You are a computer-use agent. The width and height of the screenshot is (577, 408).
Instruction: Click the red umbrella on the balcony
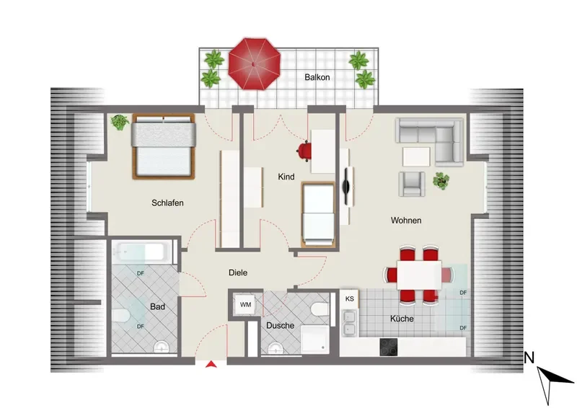pyautogui.click(x=255, y=63)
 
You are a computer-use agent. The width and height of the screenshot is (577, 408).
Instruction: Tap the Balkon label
pyautogui.click(x=317, y=77)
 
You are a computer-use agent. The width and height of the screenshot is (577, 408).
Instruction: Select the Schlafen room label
pyautogui.click(x=167, y=203)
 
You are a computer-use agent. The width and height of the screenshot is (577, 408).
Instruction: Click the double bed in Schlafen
pyautogui.click(x=164, y=146)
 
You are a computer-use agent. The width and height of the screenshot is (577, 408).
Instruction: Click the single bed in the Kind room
pyautogui.click(x=318, y=214)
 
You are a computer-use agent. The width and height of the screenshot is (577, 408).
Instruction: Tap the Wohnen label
pyautogui.click(x=406, y=221)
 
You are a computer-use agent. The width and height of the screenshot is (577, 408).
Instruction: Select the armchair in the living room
pyautogui.click(x=412, y=184)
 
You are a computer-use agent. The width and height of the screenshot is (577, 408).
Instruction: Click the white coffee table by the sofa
pyautogui.click(x=416, y=156)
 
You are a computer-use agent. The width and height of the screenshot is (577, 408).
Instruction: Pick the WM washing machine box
pyautogui.click(x=245, y=305)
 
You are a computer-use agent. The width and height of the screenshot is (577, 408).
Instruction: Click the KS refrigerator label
pyautogui.click(x=350, y=298)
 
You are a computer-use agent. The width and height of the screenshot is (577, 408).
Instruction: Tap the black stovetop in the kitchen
pyautogui.click(x=389, y=347)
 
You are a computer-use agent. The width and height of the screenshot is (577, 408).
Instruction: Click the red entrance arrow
pyautogui.click(x=211, y=364)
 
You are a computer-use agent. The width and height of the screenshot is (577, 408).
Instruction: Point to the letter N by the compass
pyautogui.click(x=529, y=358)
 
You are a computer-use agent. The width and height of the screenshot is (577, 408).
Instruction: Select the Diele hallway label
pyautogui.click(x=238, y=272)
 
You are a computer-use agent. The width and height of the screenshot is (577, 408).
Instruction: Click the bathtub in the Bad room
pyautogui.click(x=142, y=252)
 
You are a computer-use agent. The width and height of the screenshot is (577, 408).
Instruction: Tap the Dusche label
pyautogui.click(x=280, y=326)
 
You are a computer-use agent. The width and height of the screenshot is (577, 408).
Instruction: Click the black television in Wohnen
pyautogui.click(x=346, y=187)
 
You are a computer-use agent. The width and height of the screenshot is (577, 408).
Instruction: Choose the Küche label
pyautogui.click(x=402, y=319)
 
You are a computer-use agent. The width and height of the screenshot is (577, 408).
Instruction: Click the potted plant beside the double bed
pyautogui.click(x=120, y=122)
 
